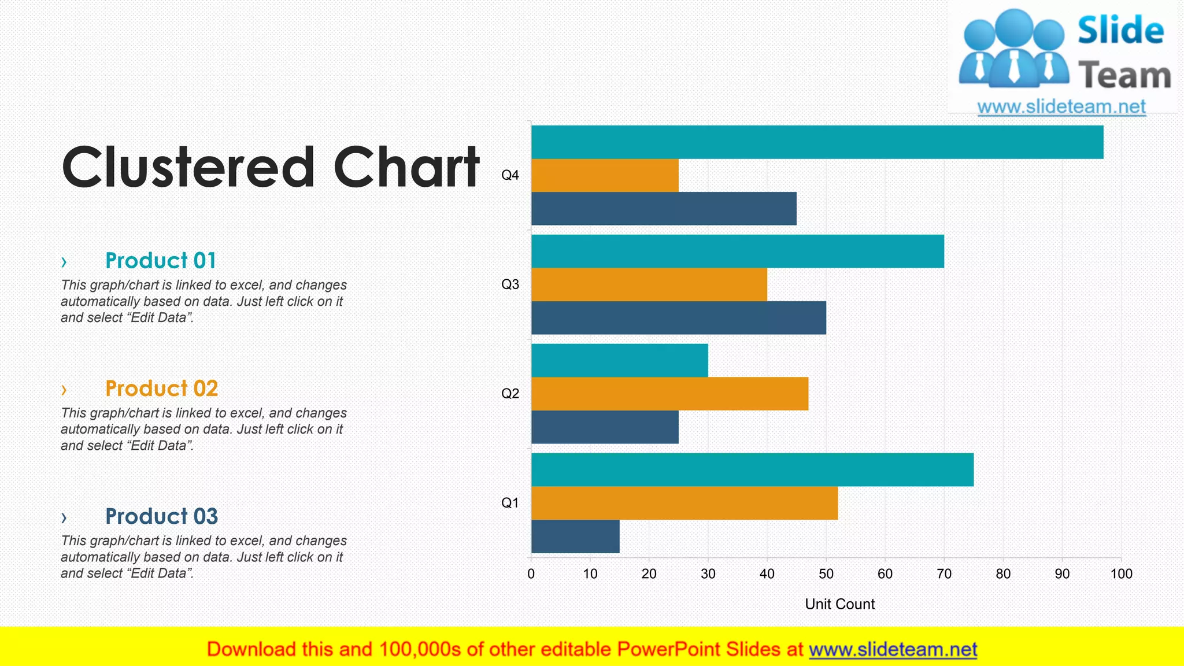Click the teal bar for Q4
tap(817, 142)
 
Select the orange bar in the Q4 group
tap(605, 175)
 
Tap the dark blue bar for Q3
tap(678, 317)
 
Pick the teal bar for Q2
tap(619, 360)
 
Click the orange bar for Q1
tap(684, 503)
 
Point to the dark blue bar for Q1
tap(575, 536)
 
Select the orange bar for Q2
tap(669, 394)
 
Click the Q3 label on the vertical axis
tap(510, 284)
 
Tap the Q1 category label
tap(510, 503)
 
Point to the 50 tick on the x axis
tap(826, 573)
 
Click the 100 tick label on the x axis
tap(1121, 573)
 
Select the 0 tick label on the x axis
tap(531, 573)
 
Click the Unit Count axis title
tap(839, 604)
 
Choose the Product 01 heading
tap(161, 261)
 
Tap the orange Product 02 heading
tap(161, 388)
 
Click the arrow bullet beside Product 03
tap(64, 517)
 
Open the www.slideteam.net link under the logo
tap(1061, 107)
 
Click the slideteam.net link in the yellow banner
tap(893, 650)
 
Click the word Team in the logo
tap(1124, 76)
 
